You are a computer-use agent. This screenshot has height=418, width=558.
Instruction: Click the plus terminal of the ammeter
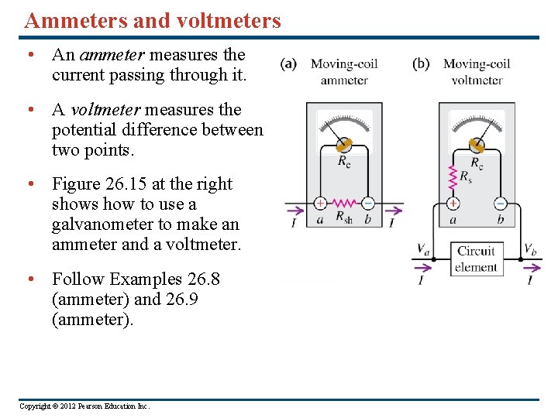pyautogui.click(x=320, y=204)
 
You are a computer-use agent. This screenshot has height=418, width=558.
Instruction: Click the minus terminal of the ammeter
pyautogui.click(x=367, y=204)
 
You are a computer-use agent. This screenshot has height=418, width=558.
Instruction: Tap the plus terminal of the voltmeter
pyautogui.click(x=453, y=204)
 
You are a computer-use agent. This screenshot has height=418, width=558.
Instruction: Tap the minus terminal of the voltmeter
pyautogui.click(x=500, y=204)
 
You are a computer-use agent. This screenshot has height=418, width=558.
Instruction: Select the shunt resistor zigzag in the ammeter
pyautogui.click(x=343, y=204)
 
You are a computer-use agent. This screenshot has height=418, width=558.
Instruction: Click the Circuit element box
pyautogui.click(x=476, y=259)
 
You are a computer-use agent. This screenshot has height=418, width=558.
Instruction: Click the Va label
pyautogui.click(x=423, y=249)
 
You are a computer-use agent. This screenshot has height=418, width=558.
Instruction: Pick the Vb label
pyautogui.click(x=529, y=249)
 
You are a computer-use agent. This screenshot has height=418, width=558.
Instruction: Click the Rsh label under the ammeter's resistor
pyautogui.click(x=343, y=219)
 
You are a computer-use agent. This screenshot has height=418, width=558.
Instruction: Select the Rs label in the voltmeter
pyautogui.click(x=465, y=177)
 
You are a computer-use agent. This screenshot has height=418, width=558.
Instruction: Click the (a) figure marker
pyautogui.click(x=288, y=63)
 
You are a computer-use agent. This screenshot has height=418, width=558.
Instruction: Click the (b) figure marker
pyautogui.click(x=421, y=63)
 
